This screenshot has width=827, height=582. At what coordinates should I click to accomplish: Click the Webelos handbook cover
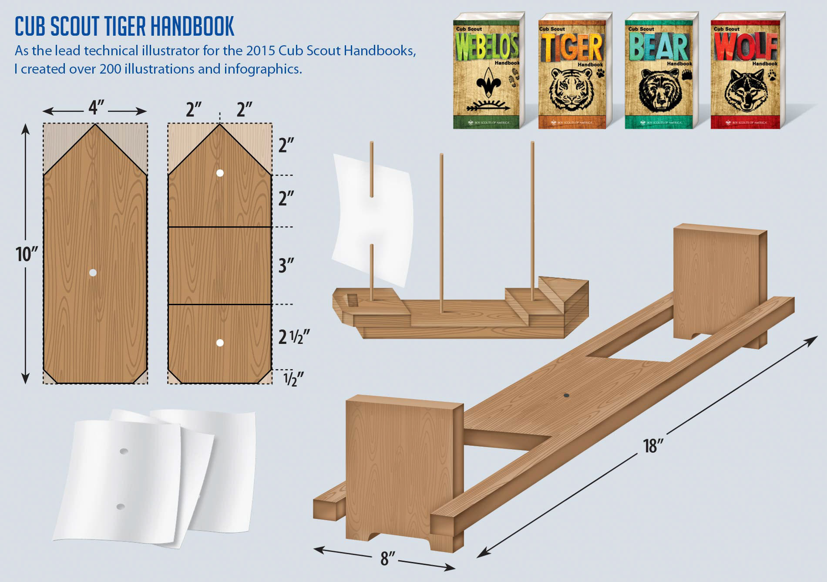coord(487,72)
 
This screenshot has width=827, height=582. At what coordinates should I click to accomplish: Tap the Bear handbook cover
coord(660,72)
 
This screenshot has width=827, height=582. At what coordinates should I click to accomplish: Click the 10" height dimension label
coord(27,254)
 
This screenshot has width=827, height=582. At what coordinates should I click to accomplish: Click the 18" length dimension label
coord(653,446)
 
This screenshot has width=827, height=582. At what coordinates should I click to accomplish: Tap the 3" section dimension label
coord(286,265)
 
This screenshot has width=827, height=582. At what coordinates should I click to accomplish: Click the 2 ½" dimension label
coord(294,337)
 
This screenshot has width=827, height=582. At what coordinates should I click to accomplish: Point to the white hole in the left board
coord(93,272)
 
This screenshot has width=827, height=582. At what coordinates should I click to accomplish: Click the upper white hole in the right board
coord(220,173)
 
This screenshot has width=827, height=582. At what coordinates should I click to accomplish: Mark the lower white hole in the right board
coord(220,343)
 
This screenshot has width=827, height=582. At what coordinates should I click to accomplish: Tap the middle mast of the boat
coord(441,231)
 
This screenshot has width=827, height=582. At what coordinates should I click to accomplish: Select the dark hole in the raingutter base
coord(566,395)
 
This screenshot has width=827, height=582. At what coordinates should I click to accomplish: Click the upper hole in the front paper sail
coord(124,451)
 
